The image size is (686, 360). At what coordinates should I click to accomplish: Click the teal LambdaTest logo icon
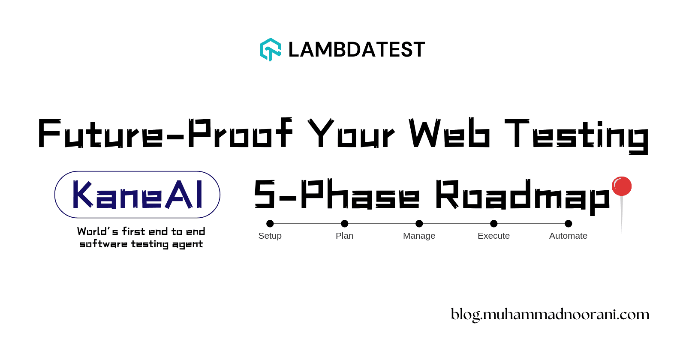pos(271,50)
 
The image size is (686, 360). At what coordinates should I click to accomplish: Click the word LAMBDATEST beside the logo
pos(356,50)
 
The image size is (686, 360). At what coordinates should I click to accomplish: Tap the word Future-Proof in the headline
pos(165,133)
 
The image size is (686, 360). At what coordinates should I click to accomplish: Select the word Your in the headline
pos(351,133)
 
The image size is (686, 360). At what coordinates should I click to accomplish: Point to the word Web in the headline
pos(449,133)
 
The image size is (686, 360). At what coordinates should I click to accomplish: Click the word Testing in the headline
pos(576,135)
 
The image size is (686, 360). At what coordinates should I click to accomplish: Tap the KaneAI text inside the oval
pos(137,195)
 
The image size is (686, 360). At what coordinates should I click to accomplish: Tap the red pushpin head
pos(622,186)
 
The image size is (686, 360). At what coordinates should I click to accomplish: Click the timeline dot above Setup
pos(270,223)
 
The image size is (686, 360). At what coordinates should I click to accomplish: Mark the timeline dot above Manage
pos(419,223)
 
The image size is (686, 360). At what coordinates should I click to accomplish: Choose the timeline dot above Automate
pos(569,223)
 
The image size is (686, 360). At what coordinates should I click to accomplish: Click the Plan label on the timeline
pos(345,236)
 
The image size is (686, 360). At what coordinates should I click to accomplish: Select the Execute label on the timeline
pos(494,236)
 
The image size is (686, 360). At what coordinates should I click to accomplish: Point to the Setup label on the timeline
pos(270,236)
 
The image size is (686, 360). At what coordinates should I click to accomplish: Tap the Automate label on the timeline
pos(569,236)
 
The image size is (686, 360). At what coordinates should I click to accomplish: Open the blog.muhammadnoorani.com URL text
pos(550,315)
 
